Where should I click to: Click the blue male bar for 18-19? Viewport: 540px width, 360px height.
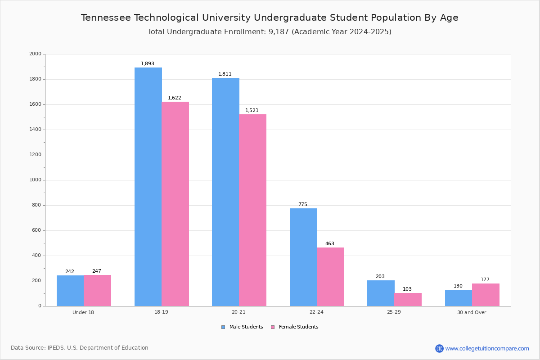[148, 187]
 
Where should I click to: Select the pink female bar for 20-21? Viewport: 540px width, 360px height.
[252, 210]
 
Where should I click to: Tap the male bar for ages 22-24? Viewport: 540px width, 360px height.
[303, 257]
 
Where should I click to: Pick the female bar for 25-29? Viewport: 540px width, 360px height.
[408, 299]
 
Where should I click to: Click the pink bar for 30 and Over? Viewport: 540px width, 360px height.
[486, 295]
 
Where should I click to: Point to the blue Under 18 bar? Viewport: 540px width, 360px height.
[70, 291]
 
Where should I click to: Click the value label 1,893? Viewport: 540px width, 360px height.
[148, 64]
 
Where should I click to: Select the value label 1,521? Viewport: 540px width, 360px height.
[252, 111]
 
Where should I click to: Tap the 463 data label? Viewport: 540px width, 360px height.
[330, 244]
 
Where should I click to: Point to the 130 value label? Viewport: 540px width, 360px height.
[458, 286]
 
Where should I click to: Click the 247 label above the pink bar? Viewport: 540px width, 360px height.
[97, 271]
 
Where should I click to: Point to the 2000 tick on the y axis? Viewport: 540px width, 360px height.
[35, 54]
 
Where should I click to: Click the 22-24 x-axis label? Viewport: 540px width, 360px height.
[316, 312]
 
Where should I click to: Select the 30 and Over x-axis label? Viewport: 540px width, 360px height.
[472, 312]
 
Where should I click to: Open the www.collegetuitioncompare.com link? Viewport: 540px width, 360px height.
[487, 348]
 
